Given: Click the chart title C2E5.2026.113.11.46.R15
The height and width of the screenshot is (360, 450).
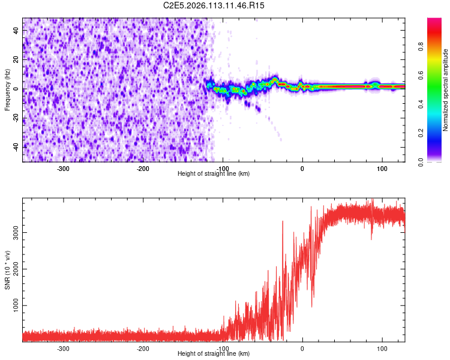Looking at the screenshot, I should (x=214, y=5).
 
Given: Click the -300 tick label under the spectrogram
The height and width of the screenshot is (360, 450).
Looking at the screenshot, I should (x=63, y=168).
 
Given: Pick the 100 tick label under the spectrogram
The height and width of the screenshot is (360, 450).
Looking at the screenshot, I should (x=382, y=168).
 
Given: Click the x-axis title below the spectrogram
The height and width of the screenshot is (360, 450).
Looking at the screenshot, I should (x=214, y=174).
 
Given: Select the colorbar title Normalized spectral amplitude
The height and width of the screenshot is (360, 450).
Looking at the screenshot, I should (x=446, y=90).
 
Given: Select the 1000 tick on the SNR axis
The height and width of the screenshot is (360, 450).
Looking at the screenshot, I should (x=13, y=305).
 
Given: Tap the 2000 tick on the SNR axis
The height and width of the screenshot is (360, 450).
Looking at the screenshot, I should (x=13, y=269).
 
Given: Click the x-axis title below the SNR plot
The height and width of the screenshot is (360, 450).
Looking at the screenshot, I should (x=214, y=354).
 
